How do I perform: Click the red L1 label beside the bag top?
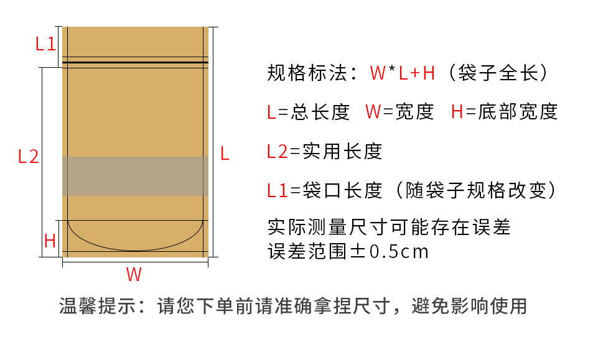(45, 44)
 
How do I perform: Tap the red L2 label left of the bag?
(28, 156)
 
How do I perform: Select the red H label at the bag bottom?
(50, 241)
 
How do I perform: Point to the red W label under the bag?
(134, 274)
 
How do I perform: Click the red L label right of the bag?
(225, 154)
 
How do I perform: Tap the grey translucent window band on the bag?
(135, 176)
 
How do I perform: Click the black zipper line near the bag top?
(135, 63)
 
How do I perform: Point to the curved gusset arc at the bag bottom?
(135, 248)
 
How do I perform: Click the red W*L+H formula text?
(402, 73)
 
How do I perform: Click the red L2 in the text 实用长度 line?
(278, 151)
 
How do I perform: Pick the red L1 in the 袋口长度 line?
(278, 190)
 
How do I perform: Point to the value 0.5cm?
(399, 252)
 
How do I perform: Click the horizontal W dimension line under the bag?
(135, 261)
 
